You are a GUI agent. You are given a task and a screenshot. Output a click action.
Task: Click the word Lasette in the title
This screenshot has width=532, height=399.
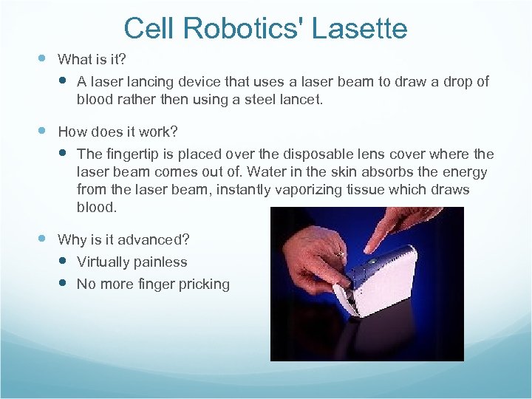363,29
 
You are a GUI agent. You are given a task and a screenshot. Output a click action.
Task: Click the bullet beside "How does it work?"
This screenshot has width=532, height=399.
42,131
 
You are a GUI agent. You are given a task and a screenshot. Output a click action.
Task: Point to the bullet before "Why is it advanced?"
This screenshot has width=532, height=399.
42,239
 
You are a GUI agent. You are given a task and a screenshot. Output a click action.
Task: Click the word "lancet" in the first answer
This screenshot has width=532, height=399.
301,99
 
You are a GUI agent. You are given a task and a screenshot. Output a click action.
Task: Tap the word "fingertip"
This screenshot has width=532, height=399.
130,154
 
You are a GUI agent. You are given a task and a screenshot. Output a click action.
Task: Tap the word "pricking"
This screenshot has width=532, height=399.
203,284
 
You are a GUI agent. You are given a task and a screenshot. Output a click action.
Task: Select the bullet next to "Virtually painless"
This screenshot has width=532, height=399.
62,261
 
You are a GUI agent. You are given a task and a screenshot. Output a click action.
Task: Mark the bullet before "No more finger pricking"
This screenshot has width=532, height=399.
62,283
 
